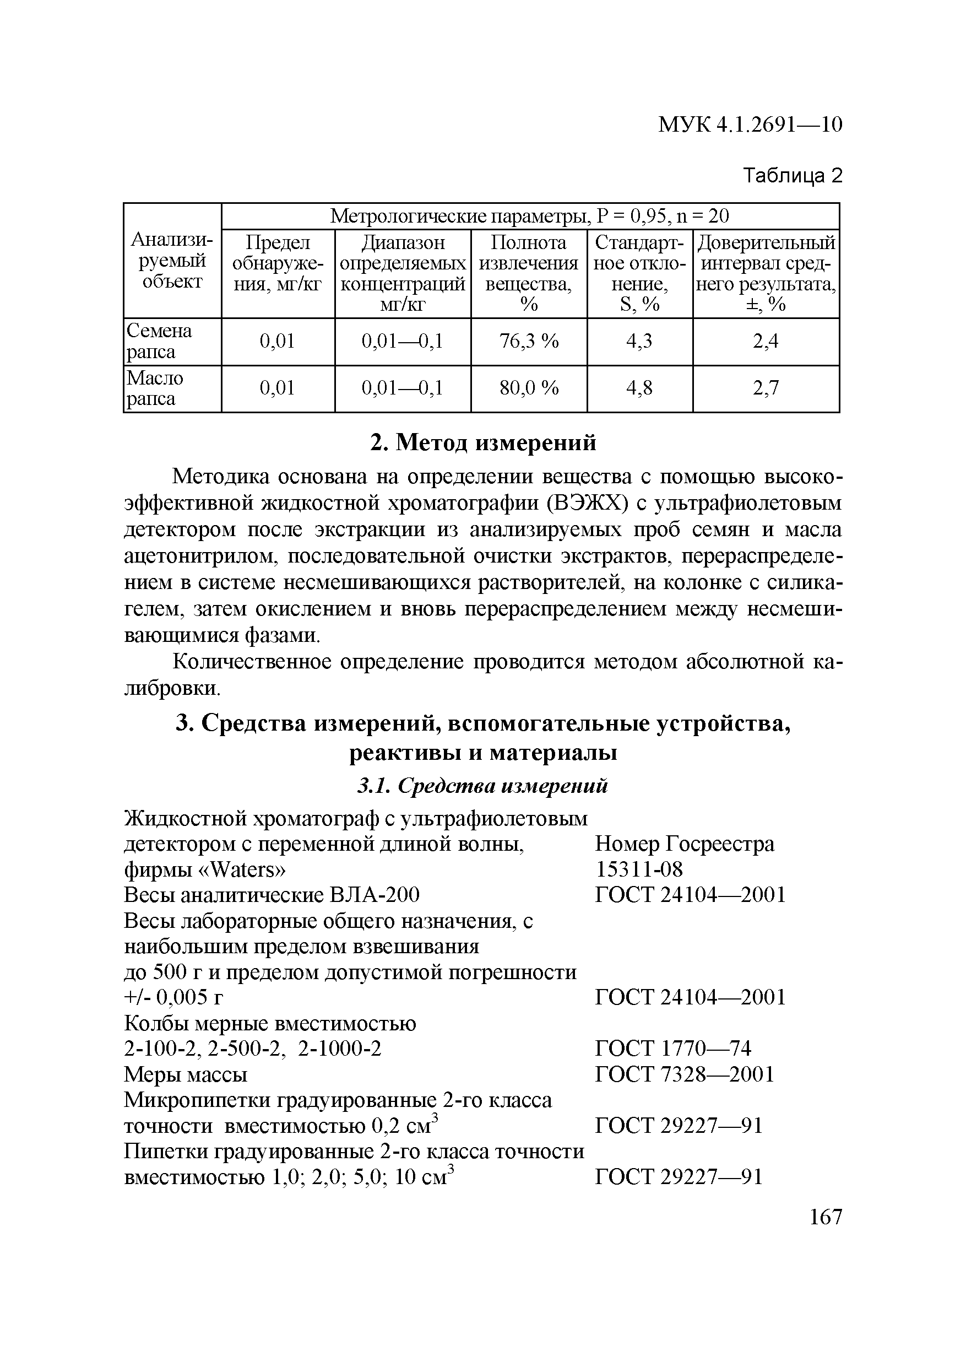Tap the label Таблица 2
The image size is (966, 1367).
click(x=794, y=176)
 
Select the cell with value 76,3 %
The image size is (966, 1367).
click(x=529, y=341)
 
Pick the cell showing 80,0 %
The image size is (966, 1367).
click(x=529, y=388)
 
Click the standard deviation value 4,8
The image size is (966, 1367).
click(x=639, y=388)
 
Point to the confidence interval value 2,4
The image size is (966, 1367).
click(x=766, y=341)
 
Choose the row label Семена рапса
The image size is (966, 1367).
click(x=159, y=341)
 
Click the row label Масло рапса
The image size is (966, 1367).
click(x=155, y=388)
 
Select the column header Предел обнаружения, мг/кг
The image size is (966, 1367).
click(x=278, y=263)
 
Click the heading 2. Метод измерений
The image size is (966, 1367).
click(x=482, y=442)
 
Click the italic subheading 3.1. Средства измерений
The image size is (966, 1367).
click(x=482, y=786)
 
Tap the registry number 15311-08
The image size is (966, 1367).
click(x=639, y=870)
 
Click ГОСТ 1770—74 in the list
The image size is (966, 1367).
click(x=672, y=1049)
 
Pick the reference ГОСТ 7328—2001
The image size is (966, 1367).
click(x=685, y=1074)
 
